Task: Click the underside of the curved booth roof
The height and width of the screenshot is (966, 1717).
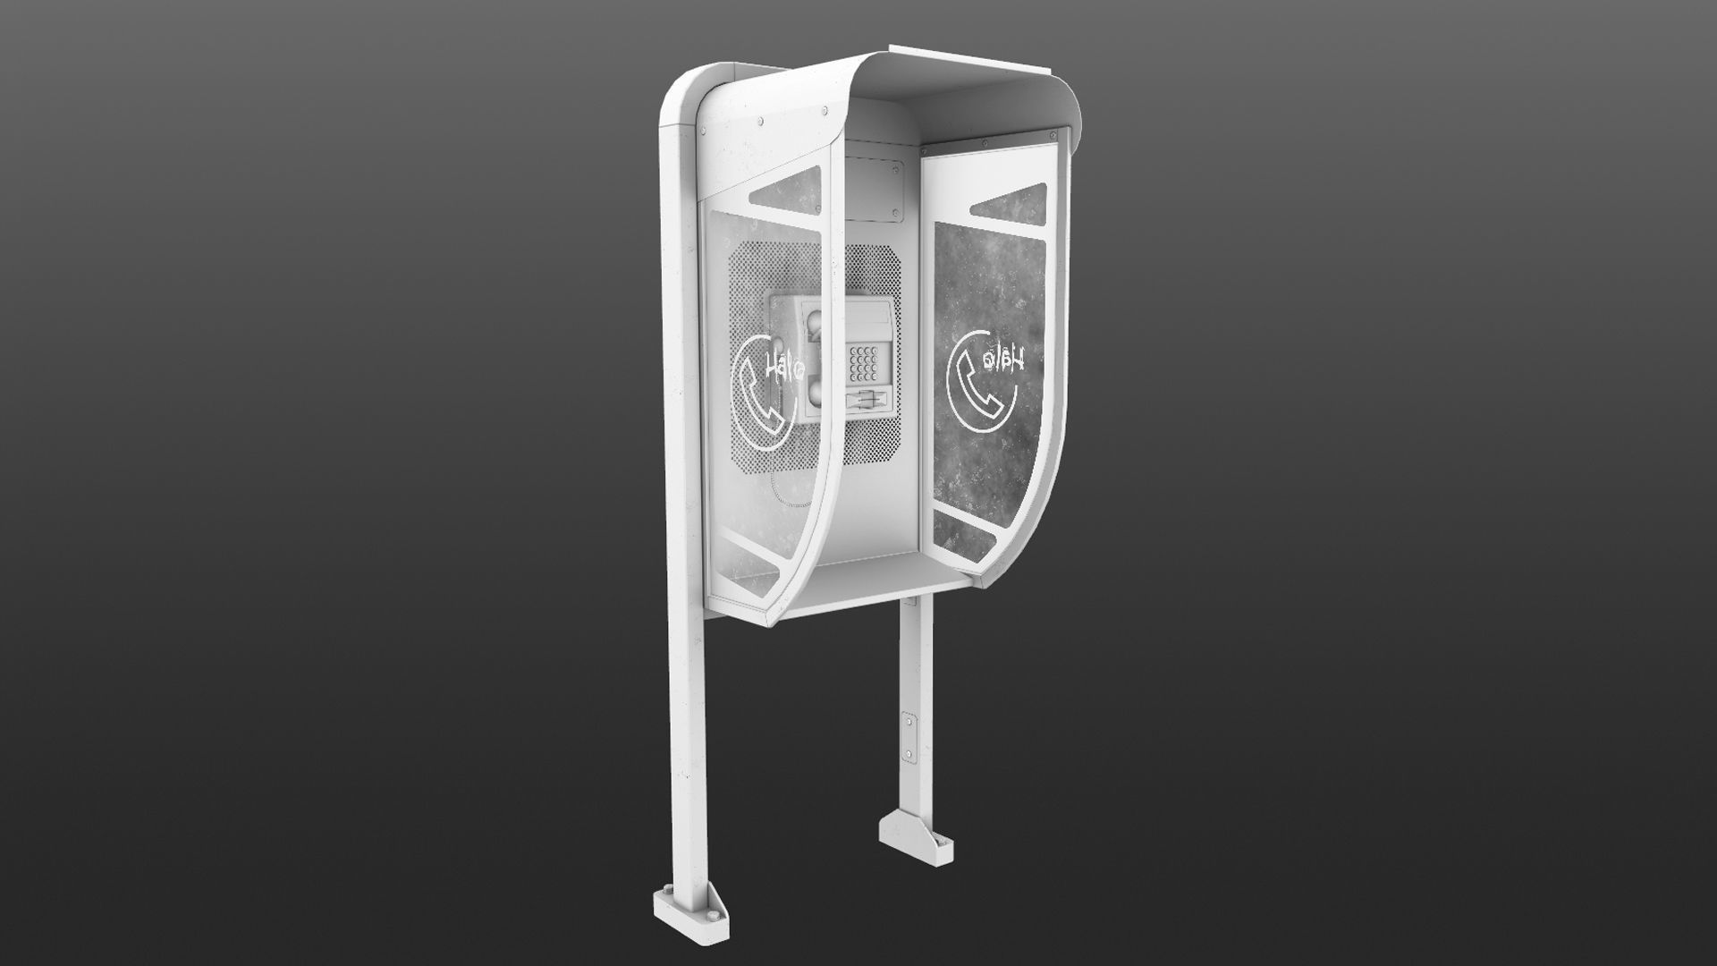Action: coord(966,98)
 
